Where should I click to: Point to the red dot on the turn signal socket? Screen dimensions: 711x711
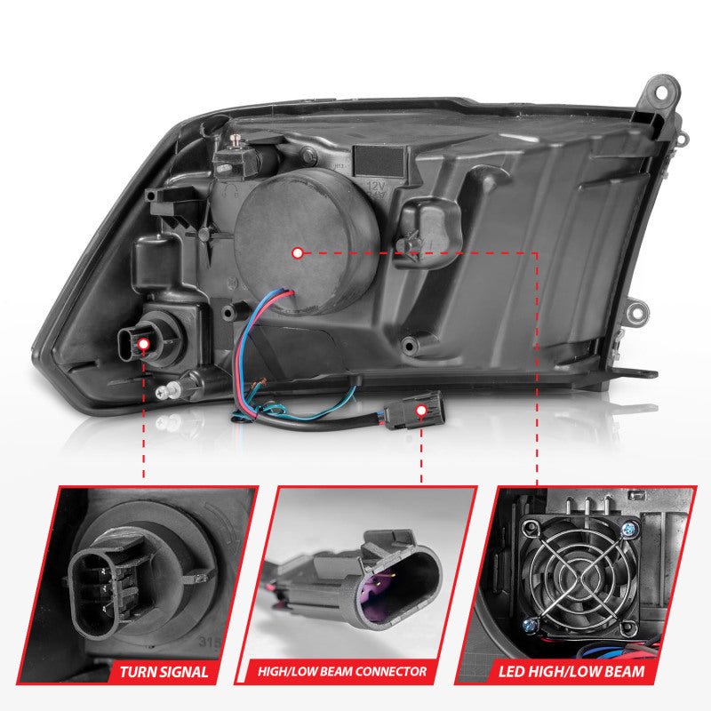tap(142, 337)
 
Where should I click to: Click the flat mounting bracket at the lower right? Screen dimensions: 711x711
tap(635, 374)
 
